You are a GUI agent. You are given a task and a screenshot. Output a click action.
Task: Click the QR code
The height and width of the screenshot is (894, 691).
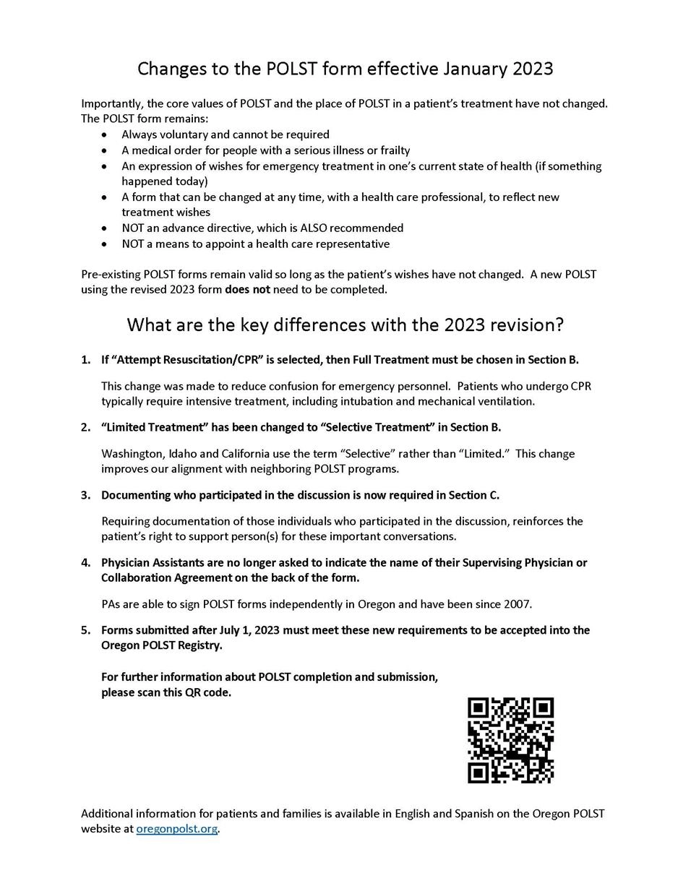pos(510,740)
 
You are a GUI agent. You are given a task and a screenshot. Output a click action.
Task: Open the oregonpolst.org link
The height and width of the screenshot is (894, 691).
pos(177,829)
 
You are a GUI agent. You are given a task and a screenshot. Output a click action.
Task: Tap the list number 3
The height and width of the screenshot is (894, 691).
pos(85,495)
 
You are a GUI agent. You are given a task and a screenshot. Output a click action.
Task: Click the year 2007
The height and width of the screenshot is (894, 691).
pos(518,603)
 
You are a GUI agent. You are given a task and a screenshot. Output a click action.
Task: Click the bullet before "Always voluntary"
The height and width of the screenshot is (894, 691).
pos(106,135)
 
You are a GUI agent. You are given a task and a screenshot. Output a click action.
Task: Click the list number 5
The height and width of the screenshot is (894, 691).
pos(85,630)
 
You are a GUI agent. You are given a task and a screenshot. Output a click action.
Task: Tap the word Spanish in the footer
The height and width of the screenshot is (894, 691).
pos(475,813)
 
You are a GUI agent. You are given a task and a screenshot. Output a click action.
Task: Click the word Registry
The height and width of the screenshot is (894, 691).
pos(199,645)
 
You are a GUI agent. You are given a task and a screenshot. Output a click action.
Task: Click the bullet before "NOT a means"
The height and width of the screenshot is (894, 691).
pos(106,244)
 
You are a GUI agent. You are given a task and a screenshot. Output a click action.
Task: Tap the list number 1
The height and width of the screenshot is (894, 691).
pos(85,360)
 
